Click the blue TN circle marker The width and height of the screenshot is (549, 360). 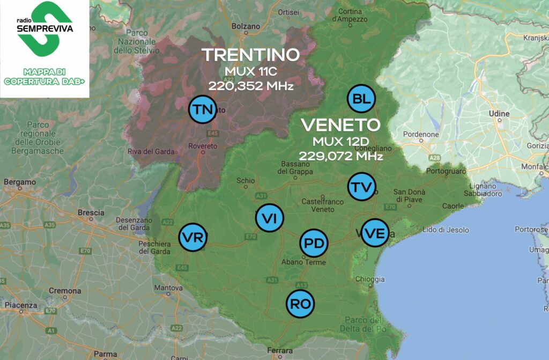(x=203, y=110)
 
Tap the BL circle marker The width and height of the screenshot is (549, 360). (x=362, y=99)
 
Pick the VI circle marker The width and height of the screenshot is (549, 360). (x=269, y=218)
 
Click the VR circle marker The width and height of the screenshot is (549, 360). (x=192, y=237)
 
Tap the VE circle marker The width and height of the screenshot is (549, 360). (x=374, y=233)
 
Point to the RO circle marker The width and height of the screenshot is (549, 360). (x=300, y=304)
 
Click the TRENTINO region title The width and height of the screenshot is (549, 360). (x=250, y=55)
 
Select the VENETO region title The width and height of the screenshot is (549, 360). (x=340, y=126)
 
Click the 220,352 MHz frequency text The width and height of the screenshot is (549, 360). (x=250, y=85)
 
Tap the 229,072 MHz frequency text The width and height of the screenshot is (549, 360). (x=341, y=156)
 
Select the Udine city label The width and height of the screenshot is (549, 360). (x=499, y=114)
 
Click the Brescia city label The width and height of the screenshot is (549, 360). (x=91, y=212)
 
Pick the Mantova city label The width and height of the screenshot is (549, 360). (x=168, y=288)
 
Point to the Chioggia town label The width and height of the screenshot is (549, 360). (x=370, y=279)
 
